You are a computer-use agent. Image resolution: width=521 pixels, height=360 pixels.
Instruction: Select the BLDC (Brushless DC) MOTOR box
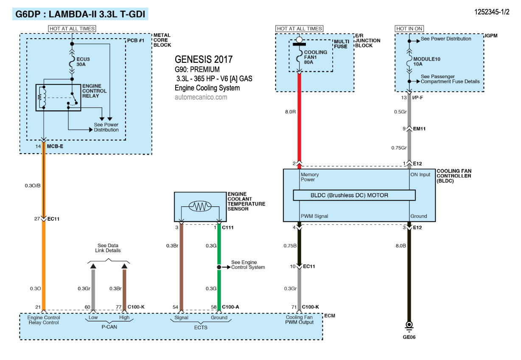tap(354, 195)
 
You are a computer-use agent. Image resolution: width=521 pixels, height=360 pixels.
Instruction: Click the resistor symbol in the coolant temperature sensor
tap(199, 206)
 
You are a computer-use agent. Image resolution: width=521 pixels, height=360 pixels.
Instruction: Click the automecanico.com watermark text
tap(201, 97)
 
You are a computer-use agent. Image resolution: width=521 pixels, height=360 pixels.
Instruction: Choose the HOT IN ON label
tap(409, 28)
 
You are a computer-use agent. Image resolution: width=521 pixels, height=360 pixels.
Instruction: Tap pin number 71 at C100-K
tap(293, 307)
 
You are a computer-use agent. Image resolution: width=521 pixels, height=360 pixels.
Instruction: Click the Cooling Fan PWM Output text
tap(300, 320)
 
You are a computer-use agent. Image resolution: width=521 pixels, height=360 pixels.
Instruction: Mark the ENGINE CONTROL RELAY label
tap(95, 91)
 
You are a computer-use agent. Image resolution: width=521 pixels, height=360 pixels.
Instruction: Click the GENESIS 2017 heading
tap(204, 59)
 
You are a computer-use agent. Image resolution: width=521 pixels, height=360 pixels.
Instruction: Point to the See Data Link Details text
tap(109, 248)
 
